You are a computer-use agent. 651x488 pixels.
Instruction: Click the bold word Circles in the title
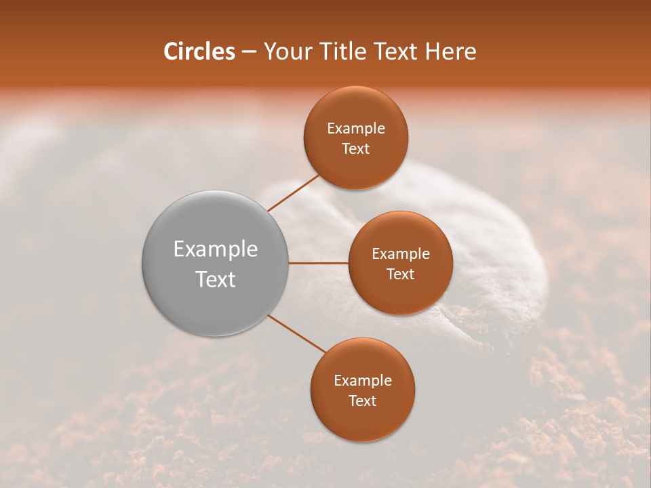[x=199, y=52]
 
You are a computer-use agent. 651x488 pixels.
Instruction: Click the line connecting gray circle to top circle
[x=294, y=192]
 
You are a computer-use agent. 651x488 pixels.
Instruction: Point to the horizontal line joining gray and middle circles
[x=319, y=263]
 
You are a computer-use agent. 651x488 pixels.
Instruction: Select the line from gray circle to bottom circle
[x=296, y=333]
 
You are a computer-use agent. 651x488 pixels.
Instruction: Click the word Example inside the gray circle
[x=216, y=249]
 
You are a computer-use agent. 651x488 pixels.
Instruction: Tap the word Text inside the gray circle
[x=216, y=279]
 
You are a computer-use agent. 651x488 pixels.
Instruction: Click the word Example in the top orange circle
[x=356, y=129]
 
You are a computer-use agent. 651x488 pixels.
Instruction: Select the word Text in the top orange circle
[x=356, y=149]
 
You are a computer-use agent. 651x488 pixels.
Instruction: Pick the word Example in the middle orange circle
[x=400, y=254]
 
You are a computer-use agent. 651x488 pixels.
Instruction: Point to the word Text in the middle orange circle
[x=400, y=274]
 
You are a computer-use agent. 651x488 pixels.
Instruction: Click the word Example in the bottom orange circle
[x=362, y=381]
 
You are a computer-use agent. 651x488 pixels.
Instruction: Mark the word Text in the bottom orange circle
[x=362, y=401]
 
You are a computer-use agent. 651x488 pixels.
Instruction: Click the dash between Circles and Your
[x=248, y=52]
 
